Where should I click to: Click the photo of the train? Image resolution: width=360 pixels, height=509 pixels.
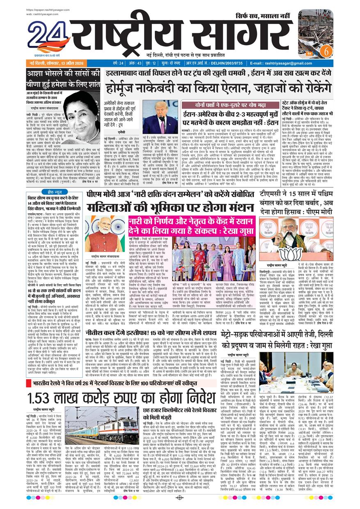coord(102,430)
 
